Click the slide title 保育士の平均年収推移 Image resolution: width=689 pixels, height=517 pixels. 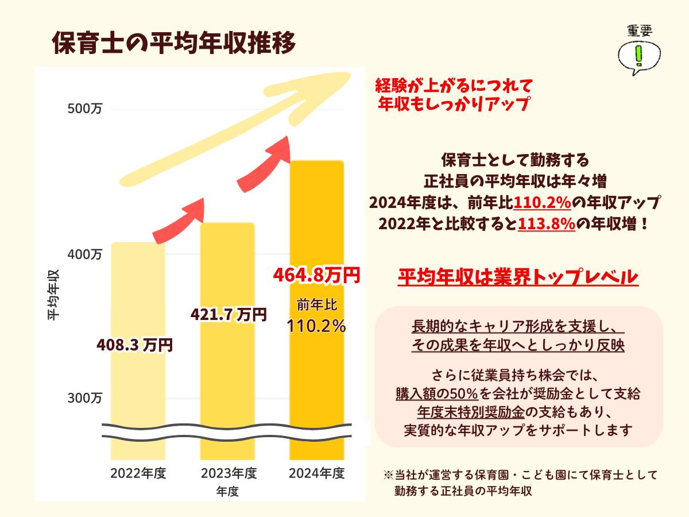173,43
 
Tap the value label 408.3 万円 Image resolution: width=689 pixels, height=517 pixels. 134,345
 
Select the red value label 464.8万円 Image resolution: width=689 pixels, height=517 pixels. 316,275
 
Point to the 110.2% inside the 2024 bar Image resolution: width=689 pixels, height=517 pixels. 316,326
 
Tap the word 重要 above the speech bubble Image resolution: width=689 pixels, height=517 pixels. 639,31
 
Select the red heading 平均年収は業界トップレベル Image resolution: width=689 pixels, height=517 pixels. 518,277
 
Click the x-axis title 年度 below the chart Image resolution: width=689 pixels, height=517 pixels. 227,492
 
